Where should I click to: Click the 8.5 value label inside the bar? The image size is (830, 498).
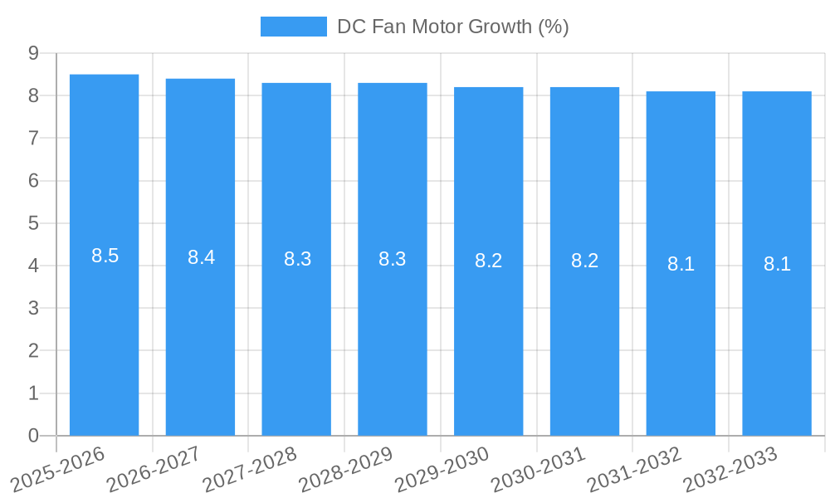[x=105, y=256]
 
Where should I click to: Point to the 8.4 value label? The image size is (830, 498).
[x=201, y=257]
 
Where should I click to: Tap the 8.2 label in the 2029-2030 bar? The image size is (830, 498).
[x=489, y=261]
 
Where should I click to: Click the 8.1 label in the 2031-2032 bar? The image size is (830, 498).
[x=681, y=264]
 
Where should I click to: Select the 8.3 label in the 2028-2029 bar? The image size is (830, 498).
[x=393, y=259]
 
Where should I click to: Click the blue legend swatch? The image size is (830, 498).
[x=293, y=27]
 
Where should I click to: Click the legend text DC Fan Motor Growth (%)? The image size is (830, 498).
[x=452, y=27]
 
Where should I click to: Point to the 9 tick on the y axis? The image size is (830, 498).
[x=33, y=53]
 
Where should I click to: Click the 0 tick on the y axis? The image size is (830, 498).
[x=33, y=435]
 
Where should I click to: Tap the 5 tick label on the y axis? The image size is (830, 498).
[x=33, y=223]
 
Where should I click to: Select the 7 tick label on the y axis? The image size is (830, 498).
[x=33, y=138]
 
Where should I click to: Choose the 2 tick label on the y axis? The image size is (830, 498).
[x=33, y=350]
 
